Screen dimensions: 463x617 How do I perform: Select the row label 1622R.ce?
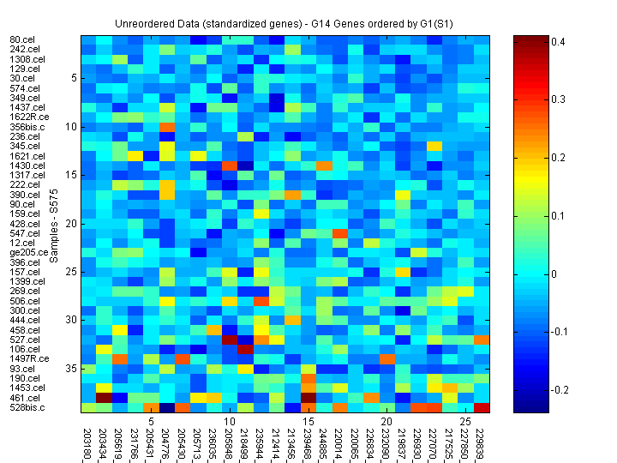pyautogui.click(x=27, y=117)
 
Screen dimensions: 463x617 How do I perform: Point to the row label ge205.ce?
pyautogui.click(x=27, y=252)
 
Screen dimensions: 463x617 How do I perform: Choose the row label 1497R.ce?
pyautogui.click(x=27, y=358)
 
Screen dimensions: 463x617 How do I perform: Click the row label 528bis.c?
pyautogui.click(x=27, y=407)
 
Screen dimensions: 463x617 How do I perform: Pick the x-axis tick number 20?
pyautogui.click(x=386, y=422)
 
